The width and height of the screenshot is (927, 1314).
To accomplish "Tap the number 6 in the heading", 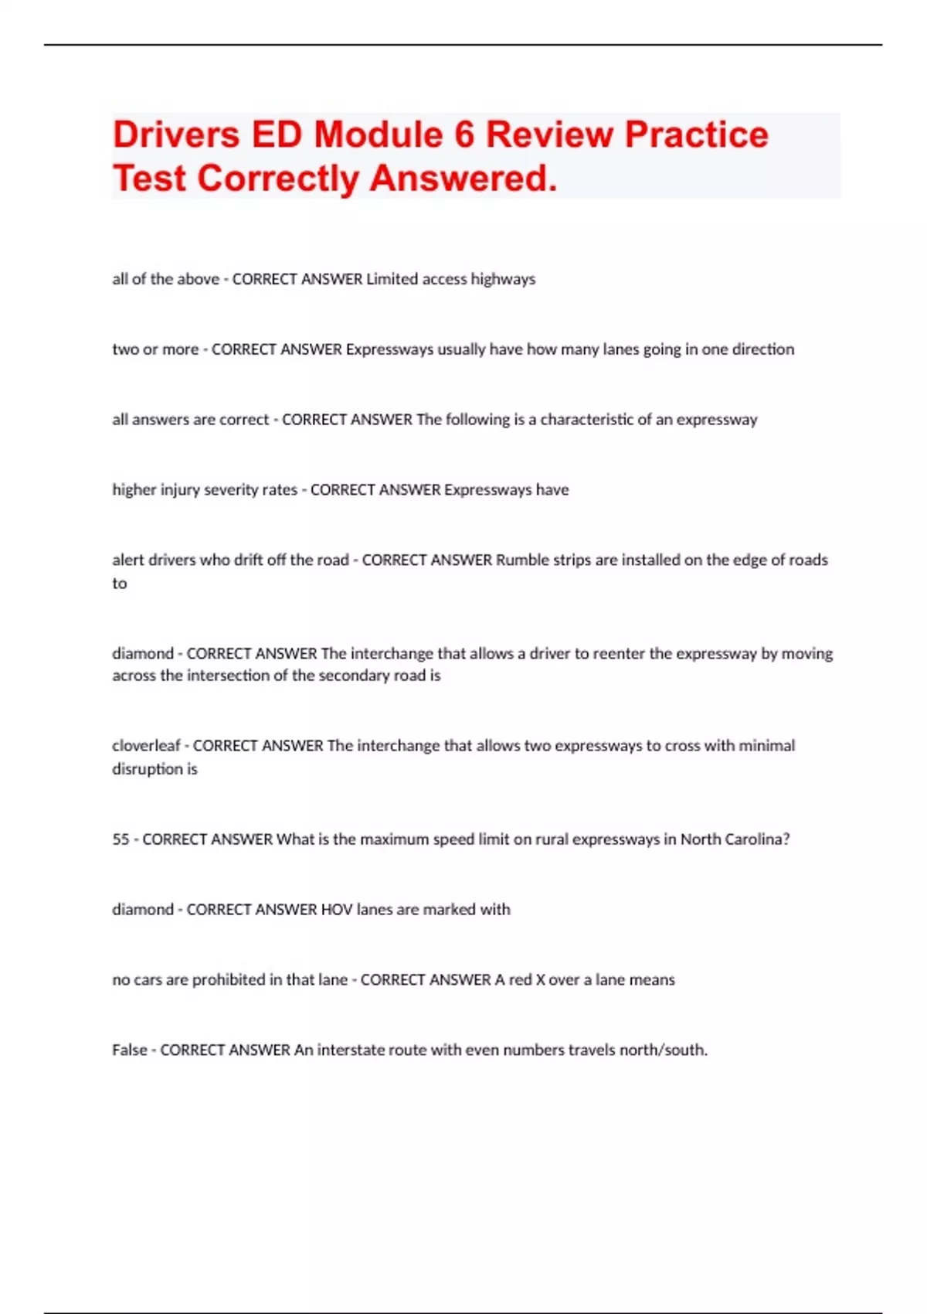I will click(x=464, y=134).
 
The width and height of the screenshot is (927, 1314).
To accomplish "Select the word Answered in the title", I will click(x=463, y=179).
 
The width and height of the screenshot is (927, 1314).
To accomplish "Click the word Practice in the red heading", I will click(x=696, y=134).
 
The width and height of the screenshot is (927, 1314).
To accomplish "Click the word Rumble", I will click(x=522, y=560).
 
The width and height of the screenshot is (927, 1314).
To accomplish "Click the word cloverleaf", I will click(x=146, y=746).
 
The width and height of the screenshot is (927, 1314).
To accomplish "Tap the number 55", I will click(x=121, y=839).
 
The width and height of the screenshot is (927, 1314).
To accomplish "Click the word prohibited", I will click(x=229, y=980).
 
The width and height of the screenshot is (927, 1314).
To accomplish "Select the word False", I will click(x=129, y=1050).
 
